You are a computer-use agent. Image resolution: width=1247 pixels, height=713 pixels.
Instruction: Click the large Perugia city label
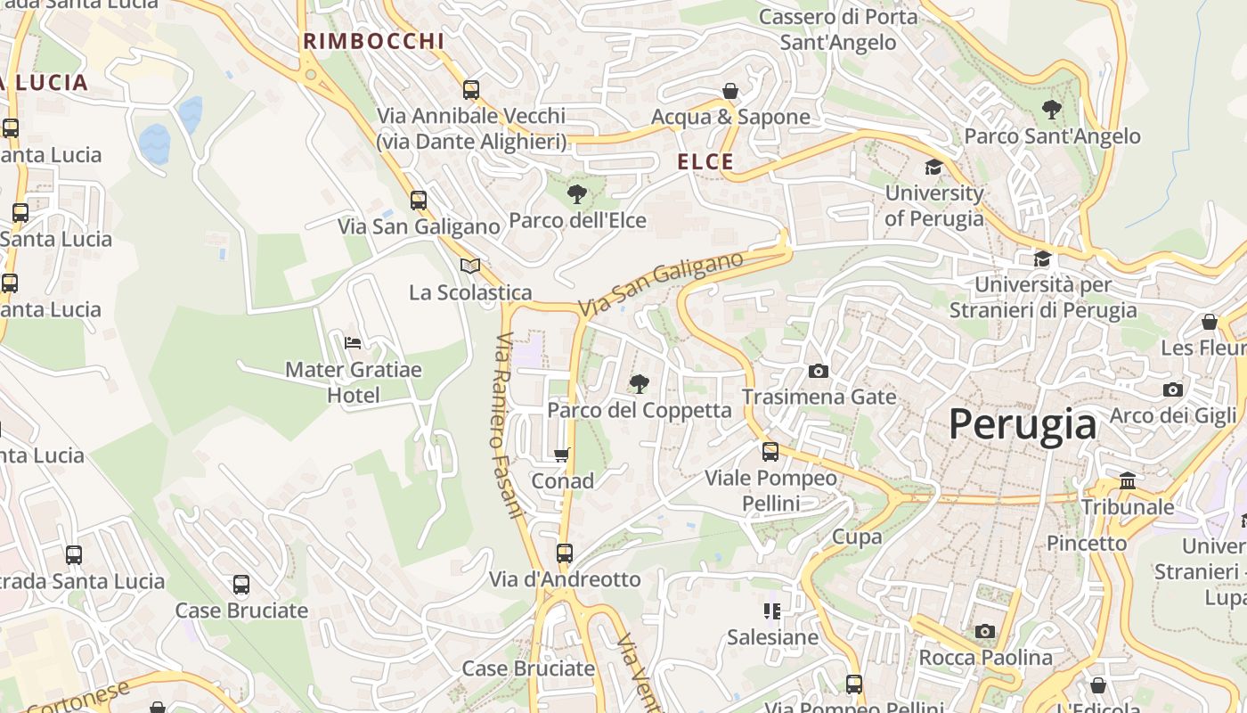[x=1022, y=424]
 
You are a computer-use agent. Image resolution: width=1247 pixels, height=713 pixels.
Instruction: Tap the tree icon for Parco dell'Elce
[x=577, y=193]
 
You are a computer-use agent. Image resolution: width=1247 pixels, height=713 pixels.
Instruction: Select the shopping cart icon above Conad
[x=562, y=455]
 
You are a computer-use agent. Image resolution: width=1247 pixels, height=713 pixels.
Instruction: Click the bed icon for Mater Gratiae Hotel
[x=353, y=342]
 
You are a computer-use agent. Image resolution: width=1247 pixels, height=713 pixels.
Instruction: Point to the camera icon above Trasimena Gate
[x=818, y=371]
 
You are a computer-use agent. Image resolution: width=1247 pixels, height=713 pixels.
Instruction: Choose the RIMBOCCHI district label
[x=373, y=41]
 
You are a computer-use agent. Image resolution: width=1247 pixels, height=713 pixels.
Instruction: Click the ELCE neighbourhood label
[x=705, y=162]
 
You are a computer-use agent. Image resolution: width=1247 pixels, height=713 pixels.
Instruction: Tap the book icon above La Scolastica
[x=469, y=266]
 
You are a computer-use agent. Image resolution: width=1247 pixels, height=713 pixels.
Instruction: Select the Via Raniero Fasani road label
[x=508, y=425]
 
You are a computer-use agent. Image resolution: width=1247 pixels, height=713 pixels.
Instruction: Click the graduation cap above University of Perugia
[x=933, y=167]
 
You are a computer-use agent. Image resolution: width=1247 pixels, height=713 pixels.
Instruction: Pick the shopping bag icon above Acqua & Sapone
[x=730, y=91]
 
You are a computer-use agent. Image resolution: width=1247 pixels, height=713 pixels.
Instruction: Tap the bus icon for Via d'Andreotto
[x=564, y=553]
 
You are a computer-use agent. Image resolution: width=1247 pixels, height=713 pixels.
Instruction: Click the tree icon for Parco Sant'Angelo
[x=1051, y=110]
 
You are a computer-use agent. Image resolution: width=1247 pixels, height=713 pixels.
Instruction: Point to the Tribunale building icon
[x=1128, y=480]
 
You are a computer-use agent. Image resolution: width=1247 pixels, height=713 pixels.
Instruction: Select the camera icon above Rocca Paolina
[x=984, y=632]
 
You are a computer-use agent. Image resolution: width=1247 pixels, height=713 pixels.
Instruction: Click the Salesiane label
[x=772, y=637]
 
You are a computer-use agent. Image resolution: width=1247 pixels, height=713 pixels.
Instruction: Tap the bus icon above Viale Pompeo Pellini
[x=770, y=452]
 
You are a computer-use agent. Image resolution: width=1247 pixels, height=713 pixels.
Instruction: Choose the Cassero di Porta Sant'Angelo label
[x=837, y=29]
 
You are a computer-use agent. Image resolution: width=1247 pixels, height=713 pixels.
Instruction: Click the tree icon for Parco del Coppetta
[x=639, y=384]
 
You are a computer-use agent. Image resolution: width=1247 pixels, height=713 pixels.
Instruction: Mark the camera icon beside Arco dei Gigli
[x=1172, y=389]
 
